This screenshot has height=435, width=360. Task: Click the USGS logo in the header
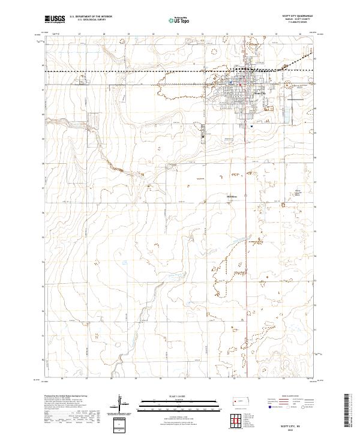55,19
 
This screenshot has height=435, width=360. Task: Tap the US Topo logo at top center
179,20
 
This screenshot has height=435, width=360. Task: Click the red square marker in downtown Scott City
241,84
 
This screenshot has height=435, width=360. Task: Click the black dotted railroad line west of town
120,71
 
